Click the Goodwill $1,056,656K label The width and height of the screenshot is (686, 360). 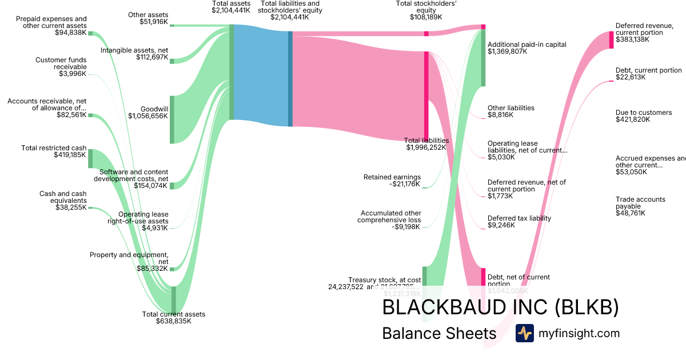tap(148, 112)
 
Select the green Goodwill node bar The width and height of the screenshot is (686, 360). tap(171, 119)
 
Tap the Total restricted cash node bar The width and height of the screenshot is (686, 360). tap(90, 158)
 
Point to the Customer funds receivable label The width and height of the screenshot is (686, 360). tap(61, 66)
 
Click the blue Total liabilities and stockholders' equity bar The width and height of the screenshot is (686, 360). tap(290, 78)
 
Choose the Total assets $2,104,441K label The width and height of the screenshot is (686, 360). tap(231, 7)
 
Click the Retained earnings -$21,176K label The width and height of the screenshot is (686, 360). tap(392, 181)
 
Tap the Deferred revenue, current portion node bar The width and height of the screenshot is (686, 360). tap(611, 39)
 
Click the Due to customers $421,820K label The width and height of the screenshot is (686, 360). tap(644, 116)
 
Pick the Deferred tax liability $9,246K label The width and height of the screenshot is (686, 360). tap(519, 222)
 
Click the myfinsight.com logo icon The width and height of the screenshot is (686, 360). tap(524, 333)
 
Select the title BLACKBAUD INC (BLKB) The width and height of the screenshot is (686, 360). tap(500, 307)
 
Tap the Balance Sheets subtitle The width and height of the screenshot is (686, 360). tap(439, 334)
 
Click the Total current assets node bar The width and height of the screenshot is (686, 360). tap(174, 299)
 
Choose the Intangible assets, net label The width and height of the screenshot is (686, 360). tap(134, 54)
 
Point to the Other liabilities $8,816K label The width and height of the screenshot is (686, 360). tap(510, 111)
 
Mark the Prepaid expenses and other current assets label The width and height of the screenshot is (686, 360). tap(51, 26)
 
